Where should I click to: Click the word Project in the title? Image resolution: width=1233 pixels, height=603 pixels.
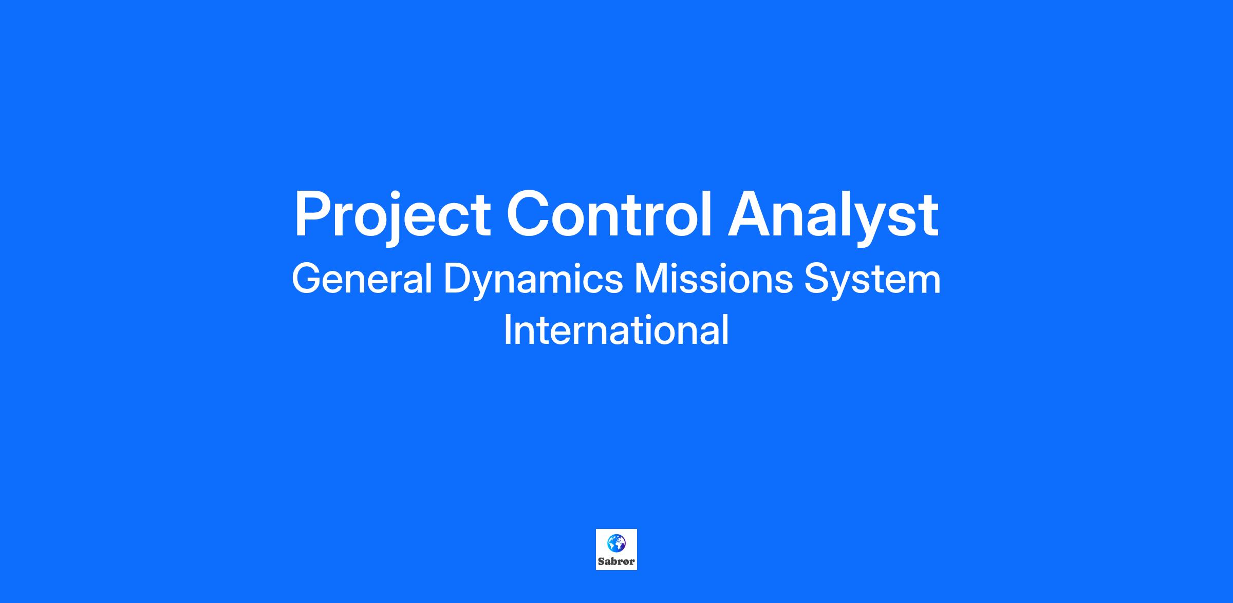pyautogui.click(x=393, y=216)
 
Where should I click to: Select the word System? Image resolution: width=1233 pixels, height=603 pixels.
pyautogui.click(x=872, y=281)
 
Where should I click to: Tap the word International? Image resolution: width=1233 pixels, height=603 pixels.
pyautogui.click(x=616, y=330)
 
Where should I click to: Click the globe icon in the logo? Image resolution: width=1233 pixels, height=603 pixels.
pyautogui.click(x=616, y=542)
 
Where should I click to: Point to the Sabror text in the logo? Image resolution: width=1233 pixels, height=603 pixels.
pyautogui.click(x=616, y=561)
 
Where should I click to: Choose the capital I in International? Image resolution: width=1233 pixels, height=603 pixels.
pyautogui.click(x=507, y=330)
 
